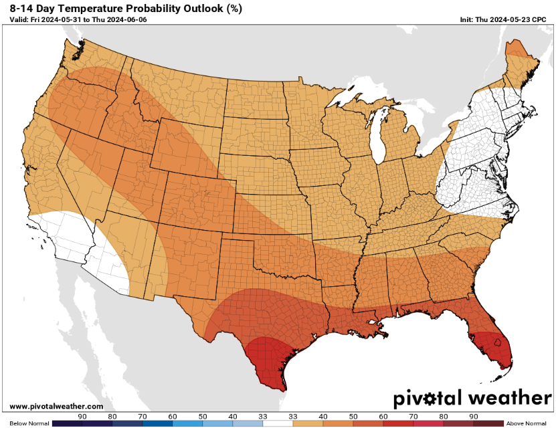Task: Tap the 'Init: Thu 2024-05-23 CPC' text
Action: [x=503, y=20]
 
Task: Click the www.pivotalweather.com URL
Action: [x=57, y=406]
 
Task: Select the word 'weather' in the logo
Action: [x=509, y=399]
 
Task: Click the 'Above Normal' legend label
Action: [x=527, y=423]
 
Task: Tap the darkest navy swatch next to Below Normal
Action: [x=67, y=423]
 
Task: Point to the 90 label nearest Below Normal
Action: [x=82, y=416]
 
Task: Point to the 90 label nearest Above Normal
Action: [x=474, y=416]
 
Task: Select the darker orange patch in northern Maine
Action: [x=517, y=48]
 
